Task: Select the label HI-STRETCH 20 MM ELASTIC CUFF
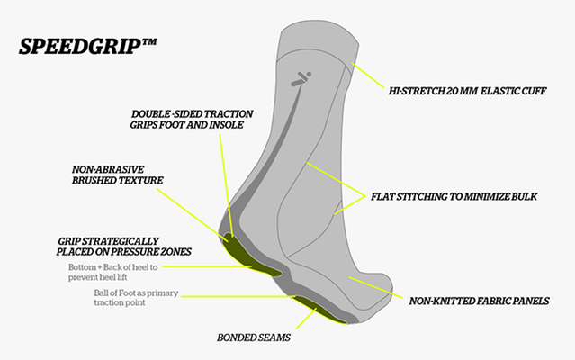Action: click(466, 91)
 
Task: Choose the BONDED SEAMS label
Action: click(254, 339)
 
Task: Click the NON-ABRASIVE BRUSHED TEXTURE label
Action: click(118, 175)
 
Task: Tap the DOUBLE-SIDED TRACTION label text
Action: click(193, 114)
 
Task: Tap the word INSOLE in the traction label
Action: click(231, 126)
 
